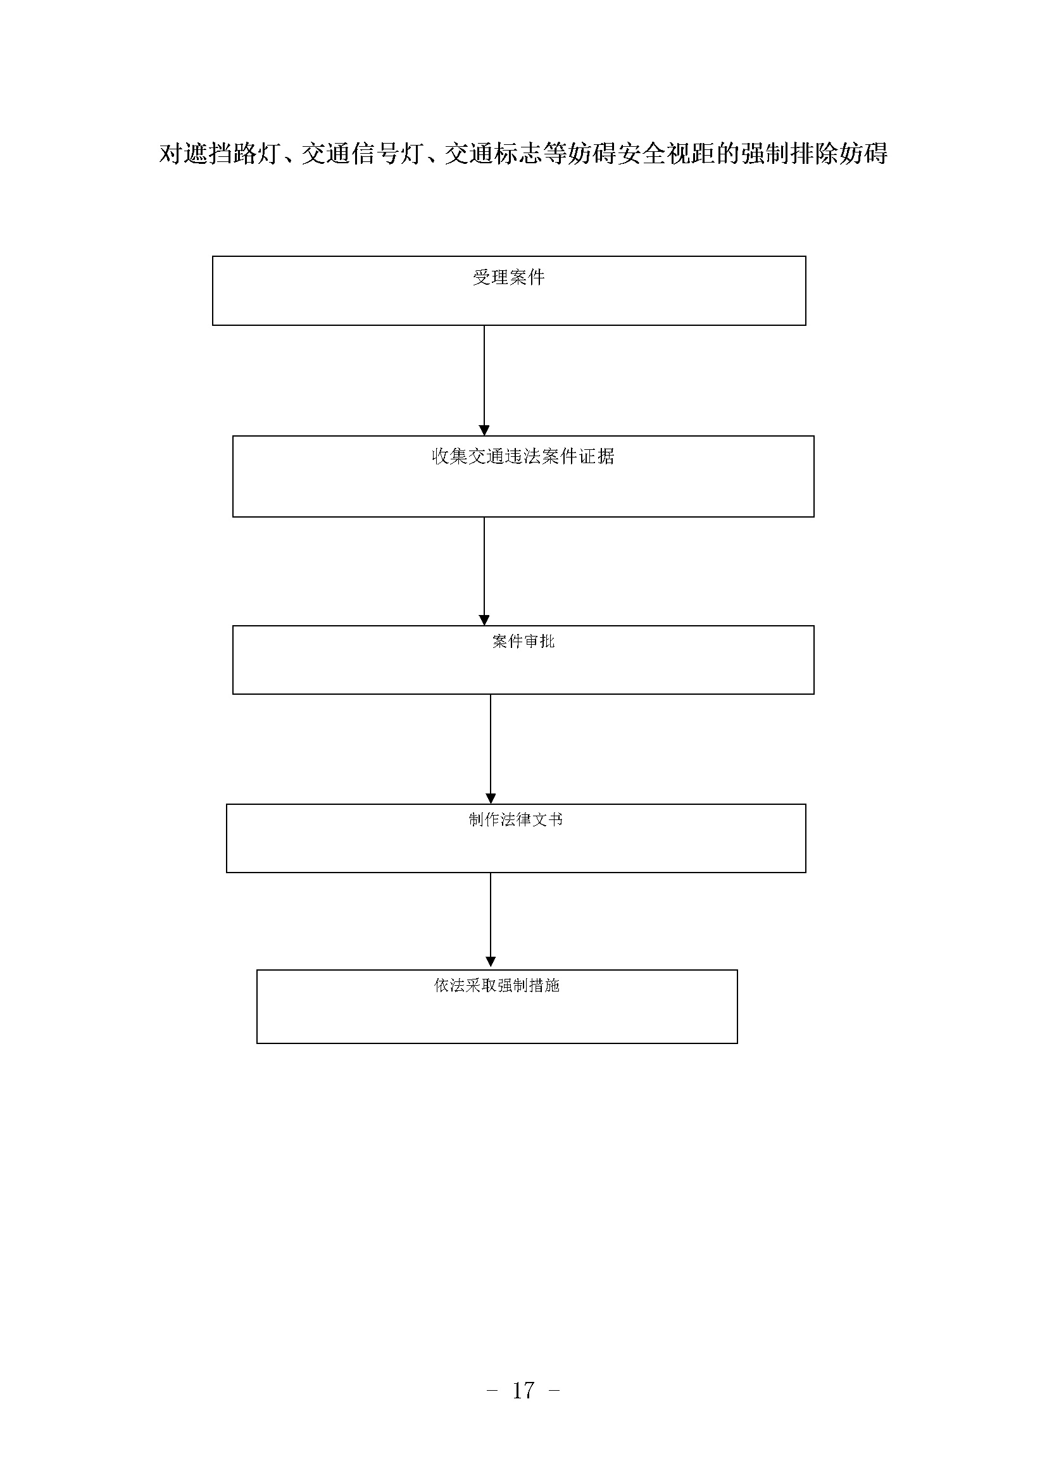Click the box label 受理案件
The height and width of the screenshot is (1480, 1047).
click(509, 278)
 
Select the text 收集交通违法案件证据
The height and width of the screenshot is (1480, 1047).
click(523, 456)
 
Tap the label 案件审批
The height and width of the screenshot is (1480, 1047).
click(523, 642)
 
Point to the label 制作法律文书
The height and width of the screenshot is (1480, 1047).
click(516, 820)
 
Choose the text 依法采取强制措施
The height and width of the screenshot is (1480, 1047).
click(496, 986)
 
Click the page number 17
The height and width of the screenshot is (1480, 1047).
click(523, 1391)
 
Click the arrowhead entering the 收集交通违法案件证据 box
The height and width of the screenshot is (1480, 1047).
click(484, 431)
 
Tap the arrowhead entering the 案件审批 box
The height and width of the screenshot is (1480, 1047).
click(484, 620)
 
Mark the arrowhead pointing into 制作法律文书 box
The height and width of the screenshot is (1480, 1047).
click(491, 799)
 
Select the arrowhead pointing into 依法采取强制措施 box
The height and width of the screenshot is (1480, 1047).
click(491, 964)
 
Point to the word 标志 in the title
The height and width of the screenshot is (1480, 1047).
click(518, 153)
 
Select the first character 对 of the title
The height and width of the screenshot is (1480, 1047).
click(171, 153)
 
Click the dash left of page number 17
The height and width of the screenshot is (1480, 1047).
click(492, 1391)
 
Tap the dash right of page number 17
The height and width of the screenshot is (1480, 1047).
click(553, 1391)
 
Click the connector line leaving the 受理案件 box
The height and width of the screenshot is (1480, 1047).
click(484, 376)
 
